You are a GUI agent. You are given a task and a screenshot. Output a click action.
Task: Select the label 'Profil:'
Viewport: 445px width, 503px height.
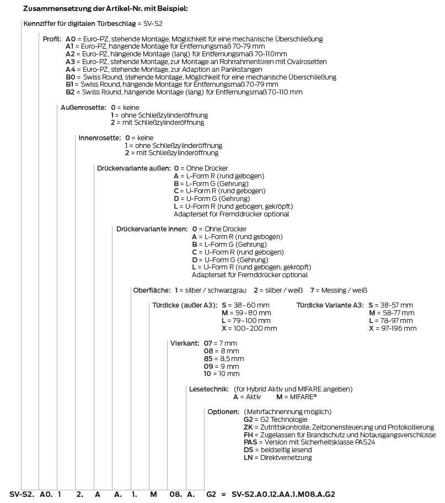(x=52, y=39)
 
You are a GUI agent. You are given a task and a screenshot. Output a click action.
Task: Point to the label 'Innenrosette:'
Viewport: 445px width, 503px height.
(x=99, y=137)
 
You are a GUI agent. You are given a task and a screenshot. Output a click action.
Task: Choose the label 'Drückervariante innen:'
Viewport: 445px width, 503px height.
(x=152, y=229)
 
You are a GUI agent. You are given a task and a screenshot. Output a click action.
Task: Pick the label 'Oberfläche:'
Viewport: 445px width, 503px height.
(x=152, y=290)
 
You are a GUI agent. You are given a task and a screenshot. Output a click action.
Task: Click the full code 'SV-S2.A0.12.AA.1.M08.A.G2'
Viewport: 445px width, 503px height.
(x=283, y=494)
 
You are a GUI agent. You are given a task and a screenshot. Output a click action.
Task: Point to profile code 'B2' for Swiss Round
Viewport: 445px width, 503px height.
(x=70, y=92)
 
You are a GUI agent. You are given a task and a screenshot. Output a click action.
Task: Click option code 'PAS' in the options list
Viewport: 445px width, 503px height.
(x=250, y=442)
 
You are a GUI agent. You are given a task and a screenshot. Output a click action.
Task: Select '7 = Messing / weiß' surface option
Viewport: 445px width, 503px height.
(x=339, y=290)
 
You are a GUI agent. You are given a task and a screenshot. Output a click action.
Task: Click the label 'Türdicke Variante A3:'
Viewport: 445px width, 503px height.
(x=330, y=305)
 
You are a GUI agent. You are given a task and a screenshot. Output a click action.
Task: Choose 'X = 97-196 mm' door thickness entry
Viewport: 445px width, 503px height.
(x=393, y=328)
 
